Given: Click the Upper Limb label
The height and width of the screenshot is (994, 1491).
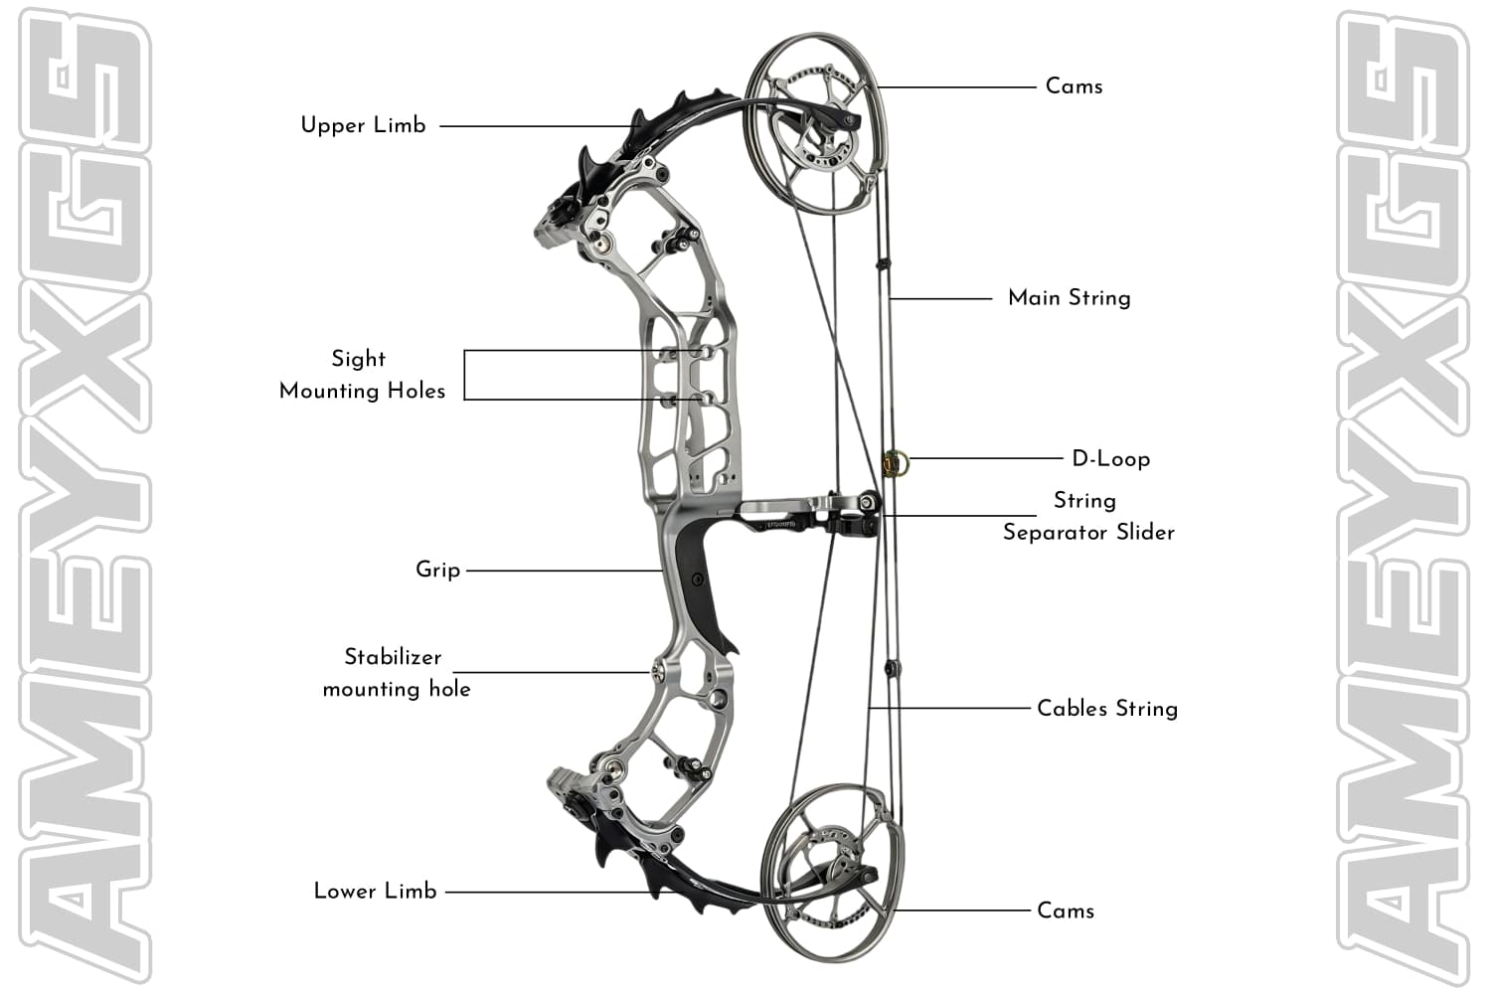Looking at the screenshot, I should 363,125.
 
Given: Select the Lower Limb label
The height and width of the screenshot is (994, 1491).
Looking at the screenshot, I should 375,891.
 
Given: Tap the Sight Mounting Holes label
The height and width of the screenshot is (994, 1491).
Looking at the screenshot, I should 362,375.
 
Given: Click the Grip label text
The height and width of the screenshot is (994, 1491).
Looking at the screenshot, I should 437,570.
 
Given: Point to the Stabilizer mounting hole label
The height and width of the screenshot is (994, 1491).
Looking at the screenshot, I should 396,673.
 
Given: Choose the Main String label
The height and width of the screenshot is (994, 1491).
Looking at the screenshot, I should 1069,298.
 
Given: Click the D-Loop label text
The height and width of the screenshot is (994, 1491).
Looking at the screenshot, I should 1110,459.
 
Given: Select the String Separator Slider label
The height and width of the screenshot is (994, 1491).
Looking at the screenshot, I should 1088,516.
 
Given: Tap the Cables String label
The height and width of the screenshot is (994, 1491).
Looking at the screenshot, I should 1106,709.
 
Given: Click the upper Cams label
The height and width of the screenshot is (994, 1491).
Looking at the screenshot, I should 1074,86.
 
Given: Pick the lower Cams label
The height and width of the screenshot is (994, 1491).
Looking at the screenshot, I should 1065,911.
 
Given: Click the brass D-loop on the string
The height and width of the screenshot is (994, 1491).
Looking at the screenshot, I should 894,462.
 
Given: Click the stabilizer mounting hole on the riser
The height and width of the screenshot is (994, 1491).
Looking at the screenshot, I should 658,673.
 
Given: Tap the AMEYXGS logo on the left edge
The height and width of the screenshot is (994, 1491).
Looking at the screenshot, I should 83,497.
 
